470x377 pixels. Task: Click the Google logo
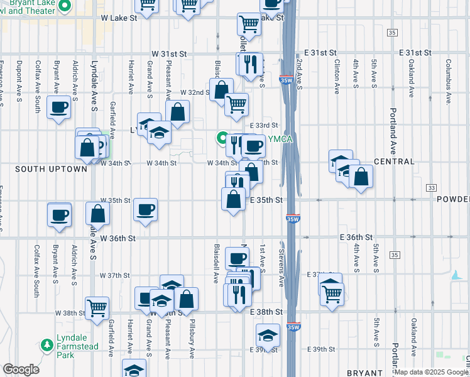(21, 369)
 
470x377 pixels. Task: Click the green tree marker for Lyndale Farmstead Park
(46, 345)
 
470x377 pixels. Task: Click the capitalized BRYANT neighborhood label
(363, 373)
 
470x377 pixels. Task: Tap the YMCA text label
(280, 139)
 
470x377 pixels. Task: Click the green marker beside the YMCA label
(222, 137)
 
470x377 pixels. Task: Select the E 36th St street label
(356, 238)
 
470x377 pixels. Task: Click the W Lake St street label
(119, 18)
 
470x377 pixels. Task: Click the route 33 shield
(431, 188)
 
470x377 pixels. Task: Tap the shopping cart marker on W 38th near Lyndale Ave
(97, 308)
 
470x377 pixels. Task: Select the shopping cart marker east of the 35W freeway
(332, 292)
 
